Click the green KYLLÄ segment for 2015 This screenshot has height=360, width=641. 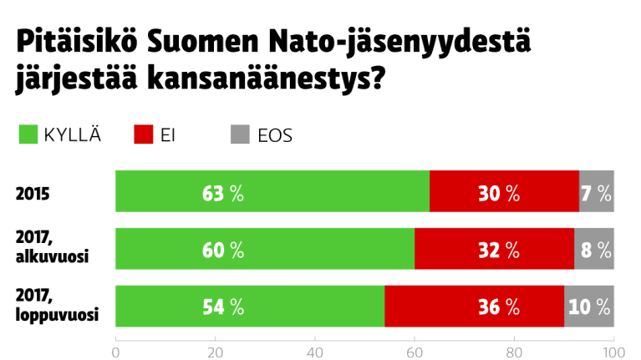[x=272, y=191]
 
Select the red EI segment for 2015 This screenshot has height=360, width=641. [x=504, y=191]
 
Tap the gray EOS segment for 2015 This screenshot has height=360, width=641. [x=597, y=191]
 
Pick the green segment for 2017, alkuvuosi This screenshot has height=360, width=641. [x=264, y=249]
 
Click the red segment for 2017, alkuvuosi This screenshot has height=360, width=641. [x=494, y=249]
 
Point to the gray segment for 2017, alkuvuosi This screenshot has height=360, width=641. [x=594, y=249]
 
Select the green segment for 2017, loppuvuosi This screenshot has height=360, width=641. [x=249, y=307]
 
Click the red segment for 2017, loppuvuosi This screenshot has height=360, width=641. [x=474, y=307]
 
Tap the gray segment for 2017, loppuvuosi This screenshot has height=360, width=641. [x=589, y=307]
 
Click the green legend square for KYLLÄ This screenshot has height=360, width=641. [x=28, y=134]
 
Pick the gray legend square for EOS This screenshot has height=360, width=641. [x=240, y=134]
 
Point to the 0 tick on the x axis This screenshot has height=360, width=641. [x=115, y=351]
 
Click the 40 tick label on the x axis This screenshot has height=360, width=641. [x=315, y=351]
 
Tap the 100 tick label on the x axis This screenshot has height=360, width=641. [x=613, y=351]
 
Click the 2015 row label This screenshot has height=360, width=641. [x=33, y=194]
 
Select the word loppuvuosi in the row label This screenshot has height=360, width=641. [x=58, y=315]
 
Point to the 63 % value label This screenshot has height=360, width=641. [x=222, y=193]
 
